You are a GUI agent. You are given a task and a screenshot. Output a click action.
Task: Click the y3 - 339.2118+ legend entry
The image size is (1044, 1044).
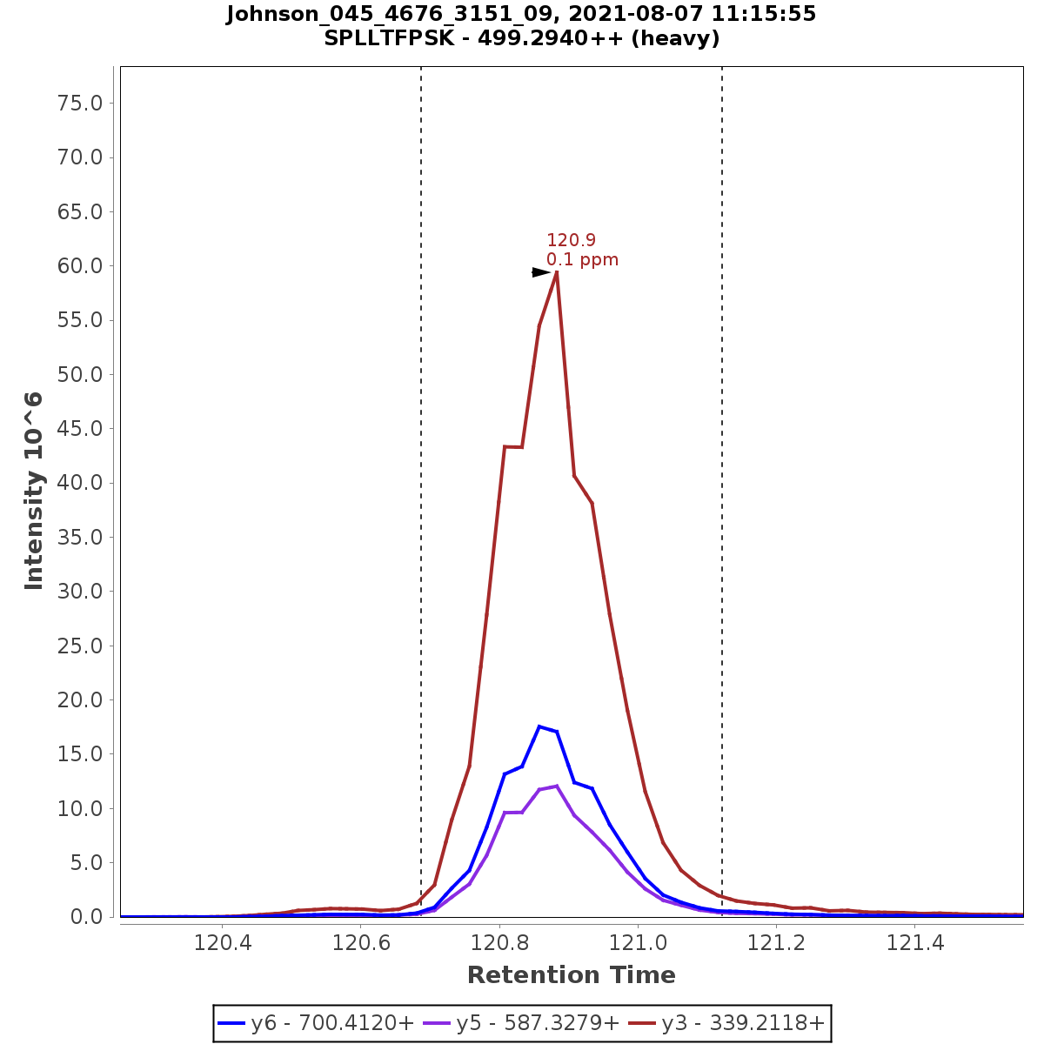pos(742,1023)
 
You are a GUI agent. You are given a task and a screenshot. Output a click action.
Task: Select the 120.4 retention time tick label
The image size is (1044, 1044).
pos(222,944)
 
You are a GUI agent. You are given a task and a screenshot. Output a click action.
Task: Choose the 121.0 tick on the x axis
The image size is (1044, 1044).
pos(638,944)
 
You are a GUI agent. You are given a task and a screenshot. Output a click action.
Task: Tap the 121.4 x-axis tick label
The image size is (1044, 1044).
pos(915,944)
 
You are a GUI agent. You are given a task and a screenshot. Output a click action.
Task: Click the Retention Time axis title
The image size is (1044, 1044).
pos(571,975)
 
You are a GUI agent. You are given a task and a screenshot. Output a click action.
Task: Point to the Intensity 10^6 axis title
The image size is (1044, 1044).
pos(35,492)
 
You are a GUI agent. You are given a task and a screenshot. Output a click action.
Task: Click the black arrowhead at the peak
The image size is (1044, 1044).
pos(541,272)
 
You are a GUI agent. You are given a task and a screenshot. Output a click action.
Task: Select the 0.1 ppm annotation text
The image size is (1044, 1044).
pos(582,259)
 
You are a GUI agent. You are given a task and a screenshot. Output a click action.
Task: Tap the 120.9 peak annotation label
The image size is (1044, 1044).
pos(571,240)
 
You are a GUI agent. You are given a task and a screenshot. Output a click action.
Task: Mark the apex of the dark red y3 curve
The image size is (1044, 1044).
pos(556,272)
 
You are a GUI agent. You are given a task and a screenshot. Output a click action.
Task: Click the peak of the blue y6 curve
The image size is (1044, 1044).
pos(539,726)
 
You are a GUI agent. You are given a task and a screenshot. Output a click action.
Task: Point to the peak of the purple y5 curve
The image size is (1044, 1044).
pos(556,786)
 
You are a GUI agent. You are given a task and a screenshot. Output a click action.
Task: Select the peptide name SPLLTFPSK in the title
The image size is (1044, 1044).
pos(388,38)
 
